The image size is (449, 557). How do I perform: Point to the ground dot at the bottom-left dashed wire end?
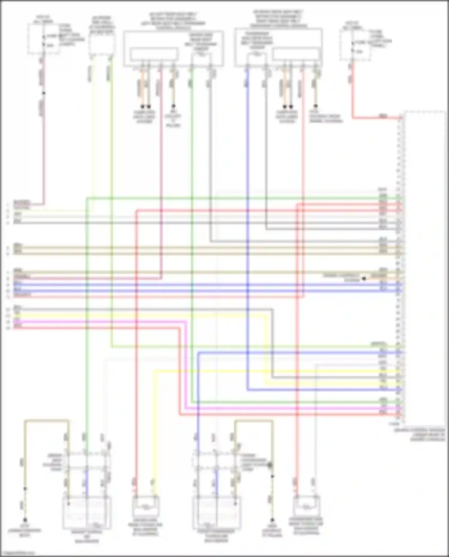pyautogui.click(x=25, y=520)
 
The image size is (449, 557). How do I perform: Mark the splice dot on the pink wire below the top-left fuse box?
pyautogui.click(x=44, y=93)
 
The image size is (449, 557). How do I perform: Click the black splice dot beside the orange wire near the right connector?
pyautogui.click(x=364, y=279)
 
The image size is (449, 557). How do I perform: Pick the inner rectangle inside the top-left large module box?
pyautogui.click(x=154, y=55)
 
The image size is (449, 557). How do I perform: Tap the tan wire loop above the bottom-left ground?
pyautogui.click(x=46, y=421)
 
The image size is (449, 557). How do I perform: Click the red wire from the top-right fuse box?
pyautogui.click(x=353, y=96)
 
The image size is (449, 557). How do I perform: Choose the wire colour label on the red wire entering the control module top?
pyautogui.click(x=383, y=116)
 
